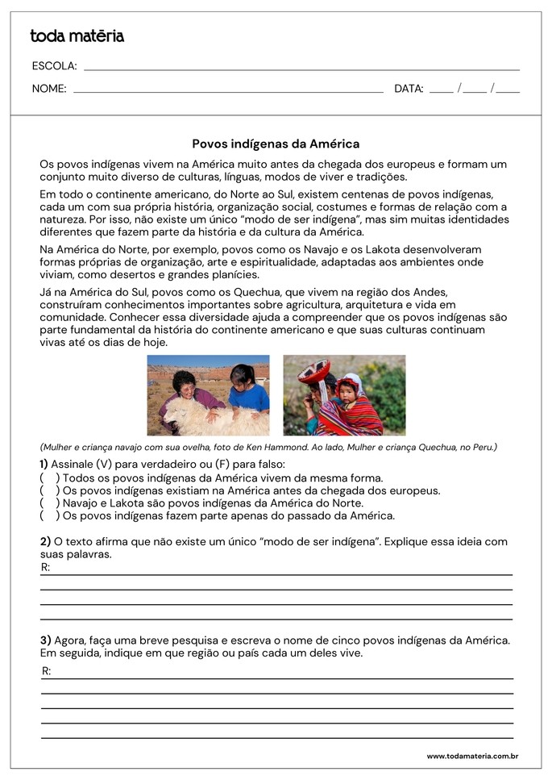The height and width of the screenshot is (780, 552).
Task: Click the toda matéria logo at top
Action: tap(77, 35)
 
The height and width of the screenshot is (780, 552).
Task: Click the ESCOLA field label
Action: tap(54, 66)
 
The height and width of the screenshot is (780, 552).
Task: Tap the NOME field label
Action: tap(49, 89)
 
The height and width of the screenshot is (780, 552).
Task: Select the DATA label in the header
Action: tap(409, 89)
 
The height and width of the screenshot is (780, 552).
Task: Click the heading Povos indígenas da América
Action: tap(276, 144)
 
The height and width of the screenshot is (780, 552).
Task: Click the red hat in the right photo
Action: tap(313, 370)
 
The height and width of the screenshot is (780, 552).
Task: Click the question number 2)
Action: tap(45, 541)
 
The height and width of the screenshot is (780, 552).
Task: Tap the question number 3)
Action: tap(45, 640)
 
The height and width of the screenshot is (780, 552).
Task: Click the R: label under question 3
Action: tap(46, 671)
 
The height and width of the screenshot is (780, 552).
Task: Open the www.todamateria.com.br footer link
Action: tap(471, 757)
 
